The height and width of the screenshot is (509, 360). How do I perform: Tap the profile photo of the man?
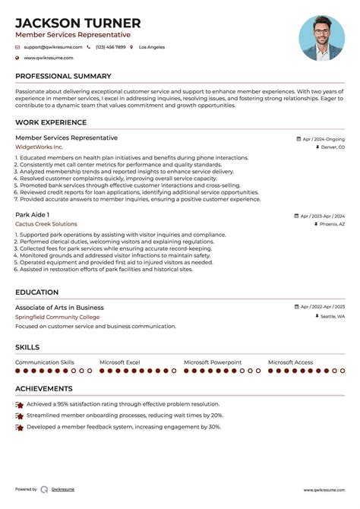coord(321,39)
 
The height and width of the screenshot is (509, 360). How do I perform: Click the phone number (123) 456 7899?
coord(110,47)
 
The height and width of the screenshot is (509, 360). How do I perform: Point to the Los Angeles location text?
coord(151,47)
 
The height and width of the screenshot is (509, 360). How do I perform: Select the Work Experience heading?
coord(50,123)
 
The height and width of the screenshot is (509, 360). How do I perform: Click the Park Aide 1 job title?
coord(33,215)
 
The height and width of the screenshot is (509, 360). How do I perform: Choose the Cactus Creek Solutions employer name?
coord(46,224)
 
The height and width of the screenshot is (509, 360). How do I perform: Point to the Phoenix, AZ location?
coord(331,225)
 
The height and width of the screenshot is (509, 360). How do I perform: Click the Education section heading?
coord(36,292)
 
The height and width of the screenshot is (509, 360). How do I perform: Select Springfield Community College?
coord(57,317)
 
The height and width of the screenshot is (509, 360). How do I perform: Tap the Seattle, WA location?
coord(332,316)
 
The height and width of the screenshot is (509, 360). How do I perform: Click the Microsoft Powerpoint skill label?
coord(213,362)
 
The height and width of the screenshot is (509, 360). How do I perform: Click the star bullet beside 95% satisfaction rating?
coord(19,406)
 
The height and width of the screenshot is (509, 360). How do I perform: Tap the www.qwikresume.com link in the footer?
coord(324,490)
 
